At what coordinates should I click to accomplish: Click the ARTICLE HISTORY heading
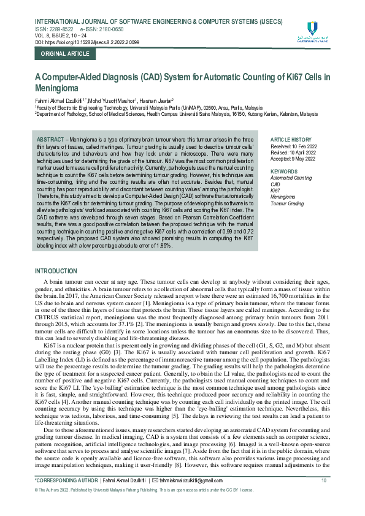point(291,140)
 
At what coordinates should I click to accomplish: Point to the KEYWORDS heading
point(284,171)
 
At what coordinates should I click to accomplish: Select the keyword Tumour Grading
point(287,203)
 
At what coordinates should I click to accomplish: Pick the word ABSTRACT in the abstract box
point(50,140)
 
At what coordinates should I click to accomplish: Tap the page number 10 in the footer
point(324,498)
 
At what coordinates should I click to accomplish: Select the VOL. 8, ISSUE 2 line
point(58,35)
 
